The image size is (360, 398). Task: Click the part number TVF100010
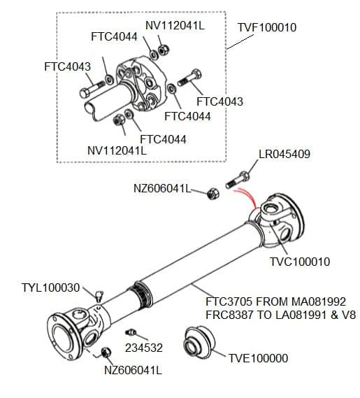267,27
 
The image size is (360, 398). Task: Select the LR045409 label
285,154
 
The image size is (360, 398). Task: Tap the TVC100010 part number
300,262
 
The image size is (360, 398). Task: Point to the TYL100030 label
51,287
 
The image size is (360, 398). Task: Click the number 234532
143,346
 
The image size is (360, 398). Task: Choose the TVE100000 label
258,358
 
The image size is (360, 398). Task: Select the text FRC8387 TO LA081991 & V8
280,315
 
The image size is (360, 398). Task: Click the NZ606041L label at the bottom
133,370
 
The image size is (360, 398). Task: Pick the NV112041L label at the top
175,25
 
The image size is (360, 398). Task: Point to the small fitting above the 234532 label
130,332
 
